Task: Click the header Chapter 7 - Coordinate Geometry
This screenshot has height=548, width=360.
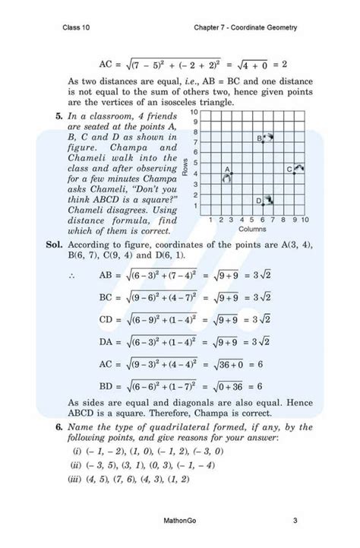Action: point(245,28)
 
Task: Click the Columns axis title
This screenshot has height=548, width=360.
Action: point(252,227)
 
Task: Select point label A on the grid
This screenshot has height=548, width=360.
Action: point(226,169)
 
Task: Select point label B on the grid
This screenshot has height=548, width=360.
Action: point(258,138)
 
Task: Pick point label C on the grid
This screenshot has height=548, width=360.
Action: point(289,169)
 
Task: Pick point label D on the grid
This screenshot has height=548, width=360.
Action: point(258,201)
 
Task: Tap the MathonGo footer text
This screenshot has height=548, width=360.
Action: point(179,521)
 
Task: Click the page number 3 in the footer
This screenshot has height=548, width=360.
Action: point(294,521)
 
